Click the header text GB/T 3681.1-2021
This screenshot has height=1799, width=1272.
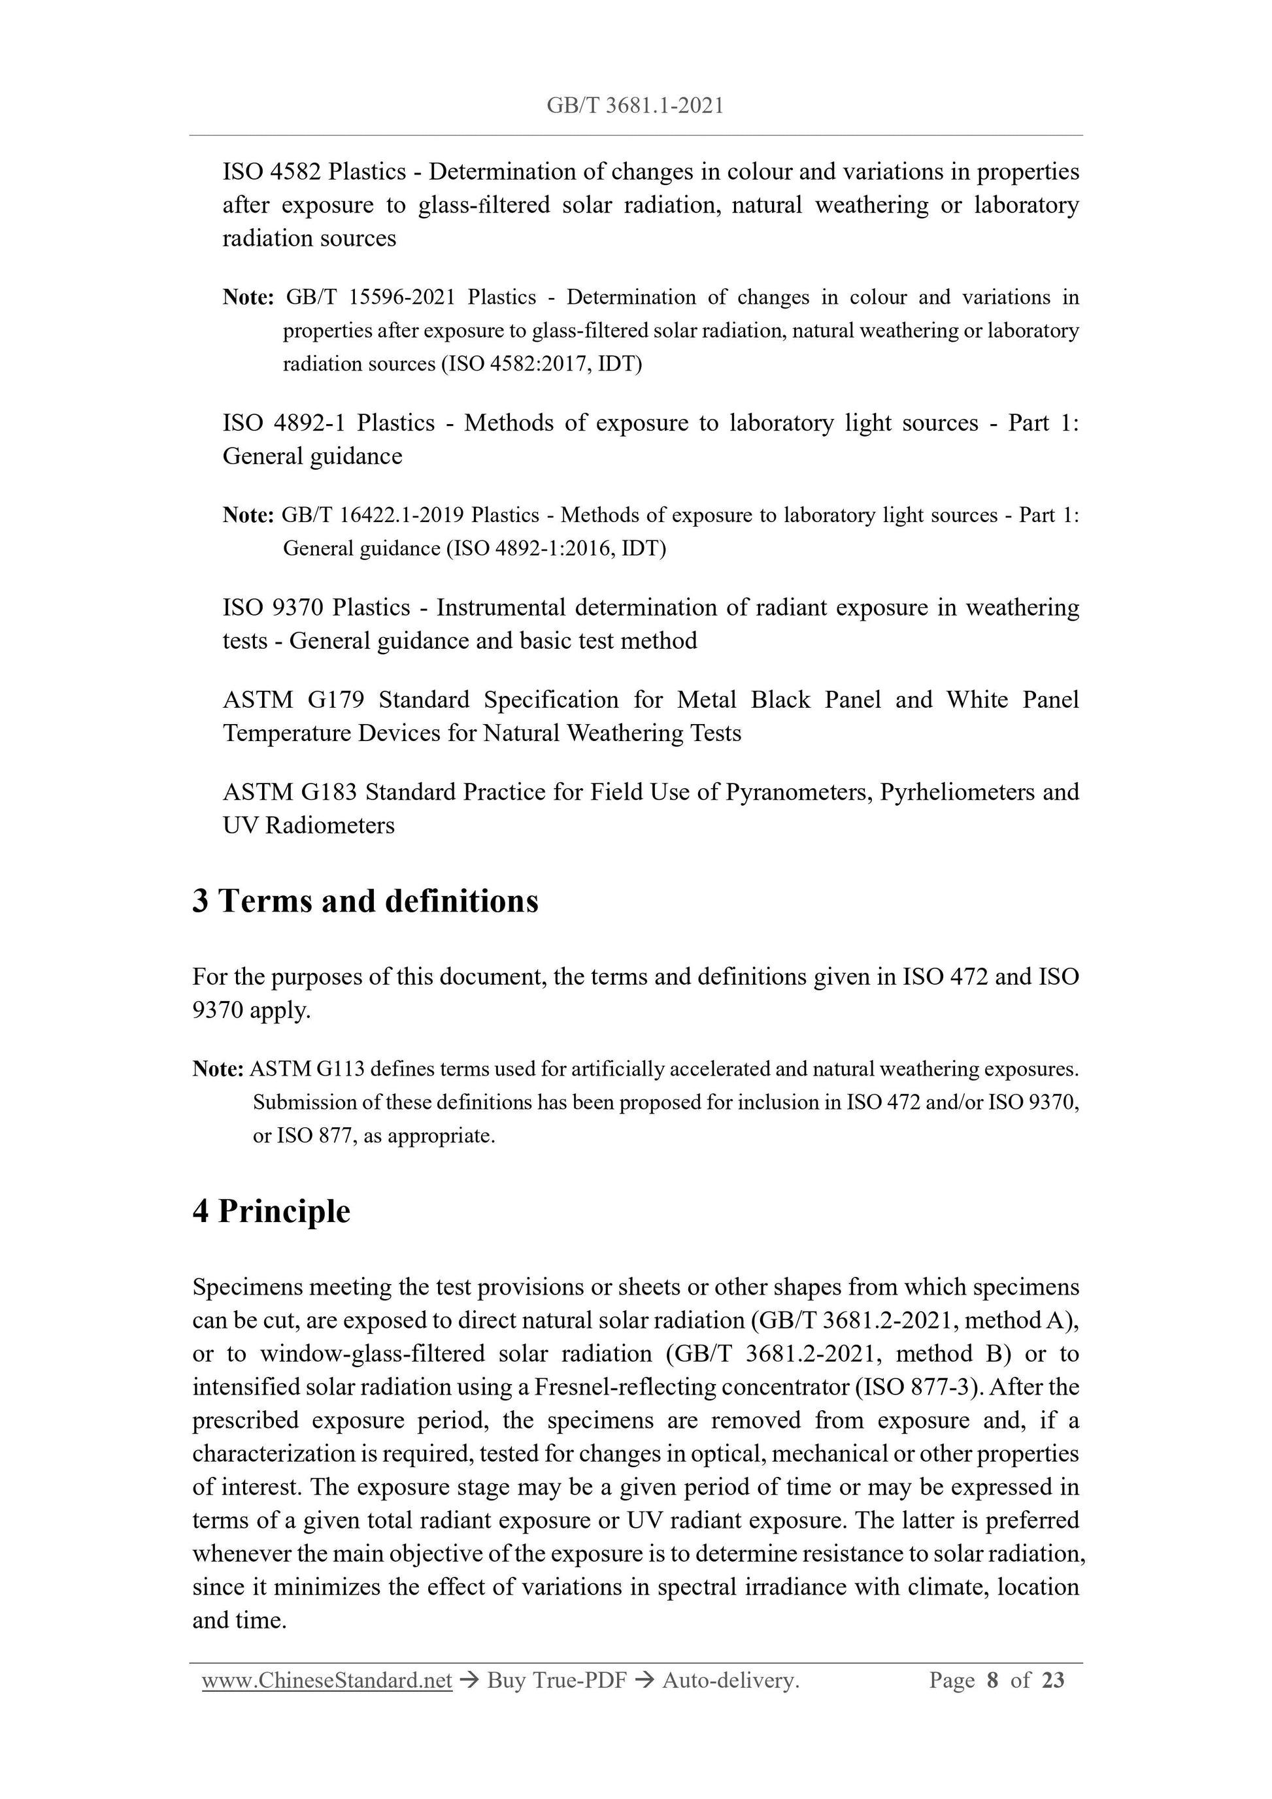635,106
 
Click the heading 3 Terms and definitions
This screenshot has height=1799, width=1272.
365,901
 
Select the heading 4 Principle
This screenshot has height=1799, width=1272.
271,1211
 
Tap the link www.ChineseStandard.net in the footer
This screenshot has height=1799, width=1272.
327,1680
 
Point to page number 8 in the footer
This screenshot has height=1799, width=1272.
993,1680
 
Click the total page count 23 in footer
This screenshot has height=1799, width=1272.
1052,1680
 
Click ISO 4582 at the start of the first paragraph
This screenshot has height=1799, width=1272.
271,172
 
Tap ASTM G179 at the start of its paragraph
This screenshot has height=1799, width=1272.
294,700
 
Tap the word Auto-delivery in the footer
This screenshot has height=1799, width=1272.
729,1680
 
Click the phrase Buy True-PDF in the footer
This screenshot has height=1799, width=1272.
556,1680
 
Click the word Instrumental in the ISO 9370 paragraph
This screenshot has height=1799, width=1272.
501,607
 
